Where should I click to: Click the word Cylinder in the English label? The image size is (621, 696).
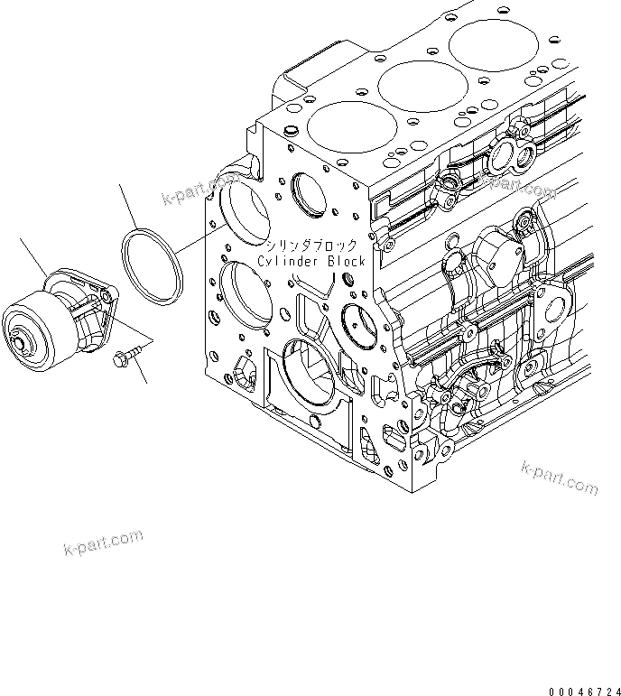point(285,261)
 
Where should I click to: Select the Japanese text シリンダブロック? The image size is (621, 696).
point(310,246)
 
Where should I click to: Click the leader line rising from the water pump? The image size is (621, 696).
point(34,257)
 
